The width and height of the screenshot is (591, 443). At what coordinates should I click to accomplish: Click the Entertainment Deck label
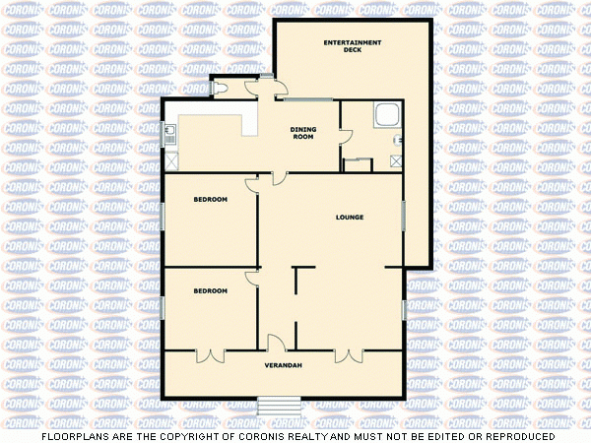353,45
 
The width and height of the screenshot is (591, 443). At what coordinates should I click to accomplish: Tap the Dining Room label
302,133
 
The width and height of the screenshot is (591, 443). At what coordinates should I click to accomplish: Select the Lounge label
350,218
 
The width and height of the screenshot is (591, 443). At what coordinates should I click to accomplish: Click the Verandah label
283,366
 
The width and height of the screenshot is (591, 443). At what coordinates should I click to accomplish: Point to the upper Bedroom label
210,200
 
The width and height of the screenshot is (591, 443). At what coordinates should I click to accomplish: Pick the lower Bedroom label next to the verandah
210,291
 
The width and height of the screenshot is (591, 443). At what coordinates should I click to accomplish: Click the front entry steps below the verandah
280,405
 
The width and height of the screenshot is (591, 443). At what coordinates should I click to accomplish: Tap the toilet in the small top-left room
221,88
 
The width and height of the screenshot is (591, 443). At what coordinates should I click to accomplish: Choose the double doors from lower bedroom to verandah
211,354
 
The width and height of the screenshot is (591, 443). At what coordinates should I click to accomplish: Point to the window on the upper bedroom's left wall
163,218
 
